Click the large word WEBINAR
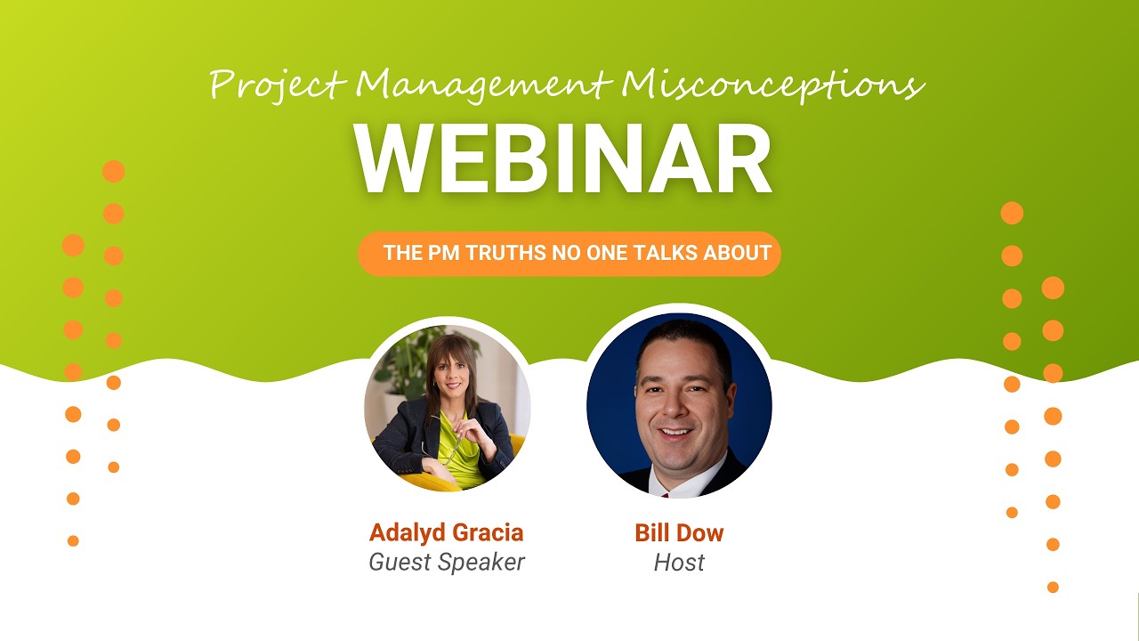click(562, 159)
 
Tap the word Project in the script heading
click(277, 85)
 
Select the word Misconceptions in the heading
click(772, 85)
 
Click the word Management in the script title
click(484, 85)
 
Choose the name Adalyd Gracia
click(446, 533)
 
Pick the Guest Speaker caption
click(447, 563)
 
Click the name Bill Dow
click(679, 533)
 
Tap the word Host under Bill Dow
click(679, 563)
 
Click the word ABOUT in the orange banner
click(737, 253)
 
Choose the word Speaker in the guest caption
click(486, 563)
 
